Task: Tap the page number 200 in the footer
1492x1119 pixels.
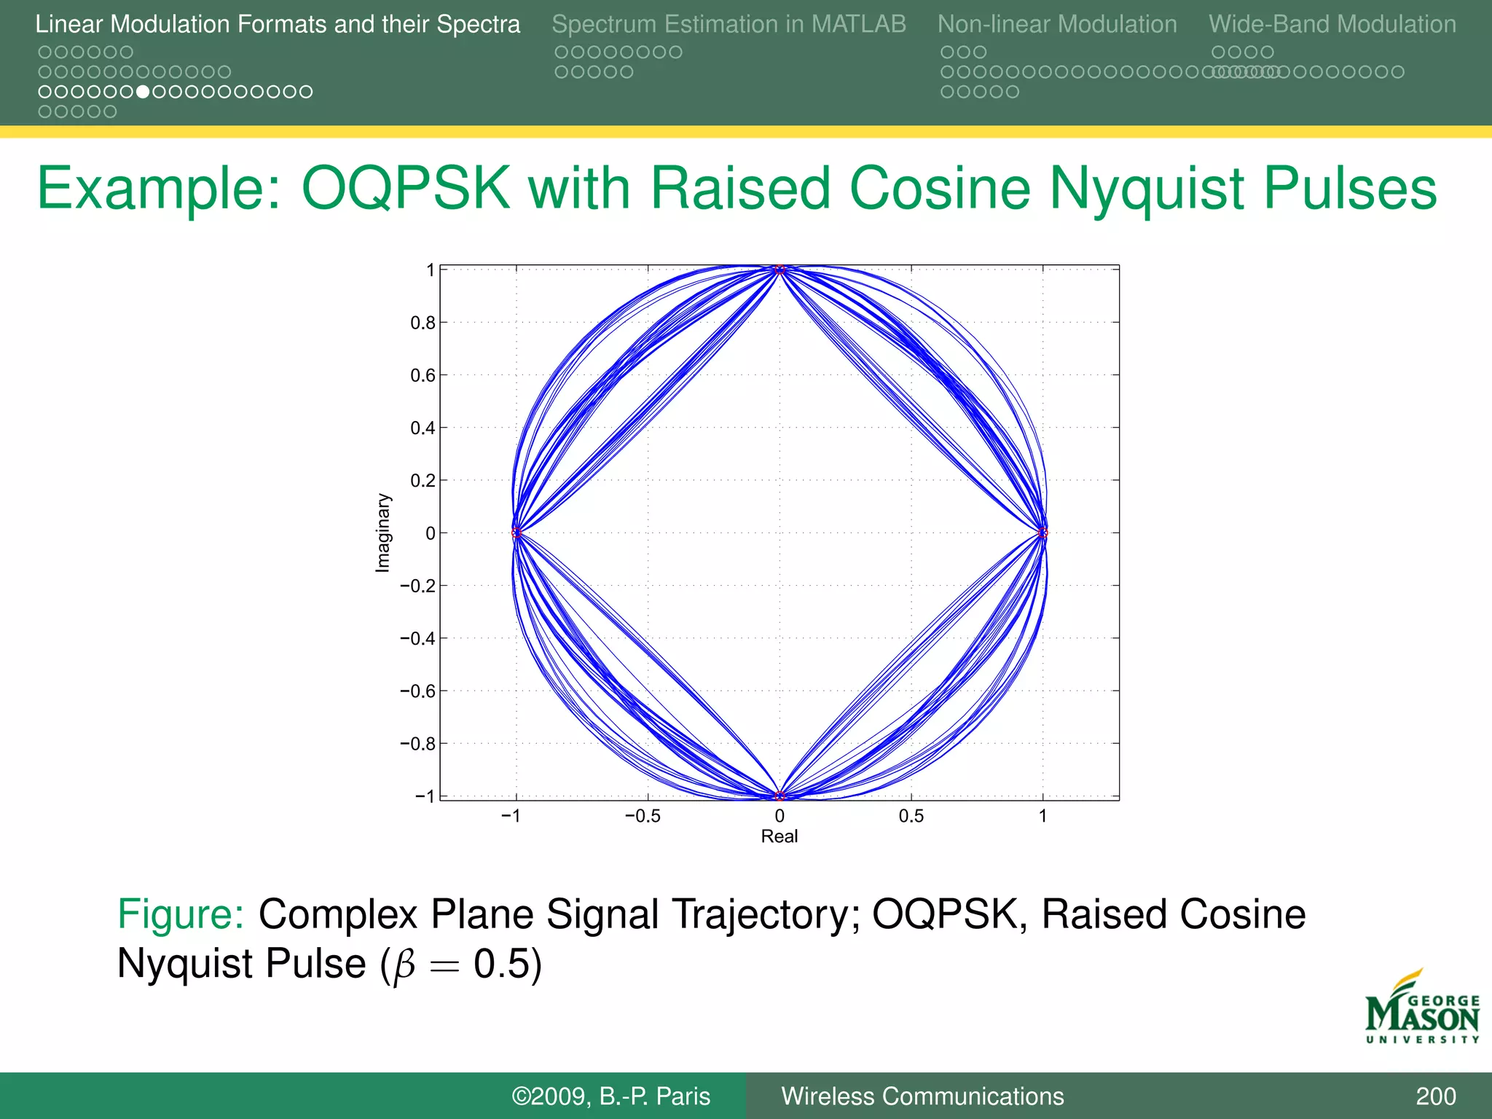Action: pyautogui.click(x=1435, y=1096)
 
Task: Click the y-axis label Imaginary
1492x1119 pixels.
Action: pyautogui.click(x=382, y=533)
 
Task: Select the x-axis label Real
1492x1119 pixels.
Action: pyautogui.click(x=779, y=836)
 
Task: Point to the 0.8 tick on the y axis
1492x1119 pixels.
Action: pyautogui.click(x=423, y=323)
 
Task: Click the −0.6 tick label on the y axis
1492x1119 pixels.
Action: pyautogui.click(x=418, y=691)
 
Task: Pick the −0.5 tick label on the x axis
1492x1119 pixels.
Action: pyautogui.click(x=643, y=816)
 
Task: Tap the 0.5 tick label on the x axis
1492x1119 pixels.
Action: pyautogui.click(x=911, y=816)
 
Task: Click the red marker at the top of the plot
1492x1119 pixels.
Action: pyautogui.click(x=780, y=270)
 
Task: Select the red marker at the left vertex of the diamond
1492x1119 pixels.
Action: pyautogui.click(x=517, y=533)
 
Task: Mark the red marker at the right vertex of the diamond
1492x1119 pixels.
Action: pyautogui.click(x=1043, y=533)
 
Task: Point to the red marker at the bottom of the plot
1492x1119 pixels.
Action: pyautogui.click(x=780, y=796)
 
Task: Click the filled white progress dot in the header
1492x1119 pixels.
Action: pyautogui.click(x=143, y=92)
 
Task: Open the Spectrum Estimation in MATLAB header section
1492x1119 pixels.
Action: pyautogui.click(x=729, y=24)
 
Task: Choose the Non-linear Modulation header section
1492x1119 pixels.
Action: pyautogui.click(x=1057, y=24)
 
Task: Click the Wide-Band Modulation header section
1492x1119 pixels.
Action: pyautogui.click(x=1332, y=24)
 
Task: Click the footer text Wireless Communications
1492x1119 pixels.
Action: pyautogui.click(x=922, y=1096)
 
